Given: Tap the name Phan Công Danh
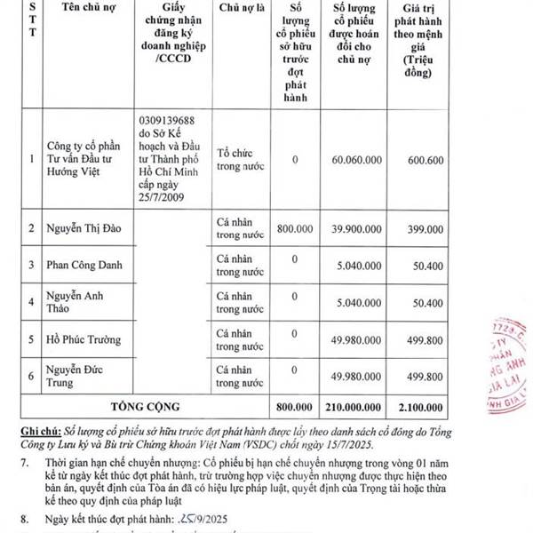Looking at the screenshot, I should click(84, 265).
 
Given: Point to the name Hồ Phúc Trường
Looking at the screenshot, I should click(84, 339).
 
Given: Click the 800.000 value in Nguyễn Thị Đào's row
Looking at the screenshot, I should click(295, 228).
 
